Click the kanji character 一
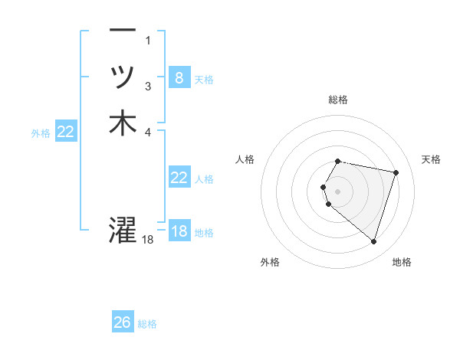coord(123,31)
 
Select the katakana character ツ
coord(123,77)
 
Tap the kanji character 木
coord(123,123)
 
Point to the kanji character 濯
coord(123,229)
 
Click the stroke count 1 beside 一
coord(148,41)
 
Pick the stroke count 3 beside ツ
coord(148,87)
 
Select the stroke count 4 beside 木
coord(148,132)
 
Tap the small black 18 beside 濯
coord(148,240)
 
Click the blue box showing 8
coord(179,77)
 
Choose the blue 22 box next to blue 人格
coord(179,178)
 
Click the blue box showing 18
coord(179,231)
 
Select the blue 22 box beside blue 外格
coord(66,132)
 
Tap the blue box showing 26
coord(122,322)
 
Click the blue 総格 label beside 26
coord(147,324)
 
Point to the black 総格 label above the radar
coord(338,100)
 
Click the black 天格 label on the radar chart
coord(431,159)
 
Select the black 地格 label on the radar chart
coord(402,262)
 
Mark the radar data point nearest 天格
coord(396,172)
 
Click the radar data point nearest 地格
coord(373,242)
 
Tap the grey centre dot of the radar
coord(338,191)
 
